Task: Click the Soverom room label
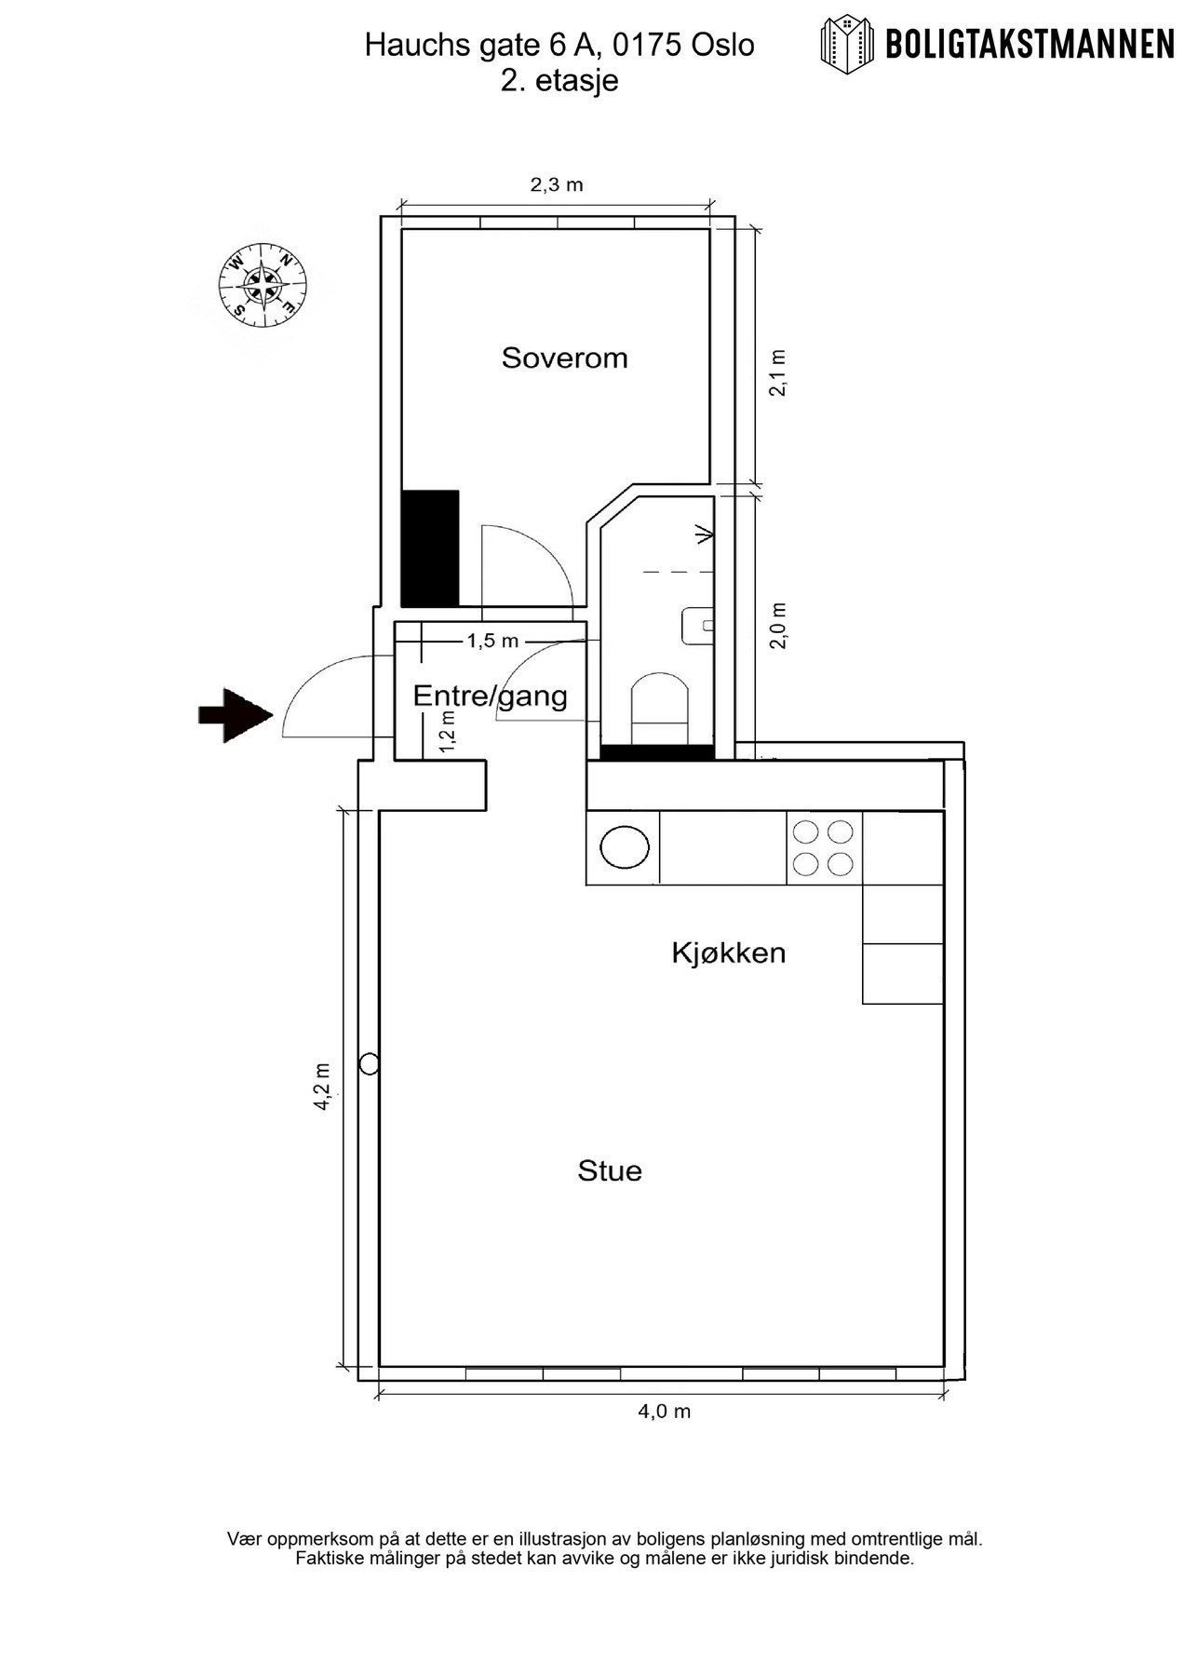point(564,358)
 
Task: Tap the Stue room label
point(610,1170)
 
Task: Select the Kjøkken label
point(729,953)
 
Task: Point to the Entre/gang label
point(490,696)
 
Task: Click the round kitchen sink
point(624,847)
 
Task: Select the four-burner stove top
point(824,847)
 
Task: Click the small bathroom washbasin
point(697,626)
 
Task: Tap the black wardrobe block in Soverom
point(430,548)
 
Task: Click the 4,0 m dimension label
point(664,1411)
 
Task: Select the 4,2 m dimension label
point(322,1086)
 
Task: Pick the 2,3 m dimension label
point(557,184)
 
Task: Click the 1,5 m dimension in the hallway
point(492,641)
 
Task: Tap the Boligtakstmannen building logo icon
point(847,43)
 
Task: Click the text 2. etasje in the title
point(559,81)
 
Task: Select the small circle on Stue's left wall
point(369,1063)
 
